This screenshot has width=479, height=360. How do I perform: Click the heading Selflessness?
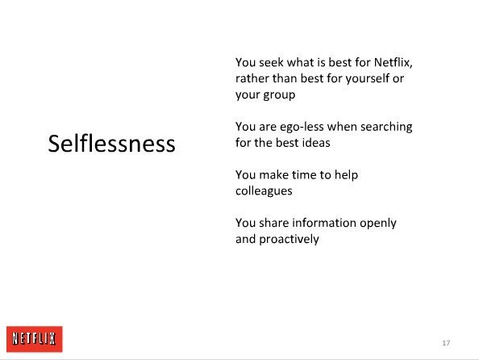coord(111,144)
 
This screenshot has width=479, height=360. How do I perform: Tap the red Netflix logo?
coord(35,339)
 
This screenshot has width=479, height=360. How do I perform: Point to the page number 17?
coord(446,343)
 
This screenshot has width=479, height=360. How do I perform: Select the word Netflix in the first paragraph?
coord(393,62)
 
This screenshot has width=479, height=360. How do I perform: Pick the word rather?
coord(252,78)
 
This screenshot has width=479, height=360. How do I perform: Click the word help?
coord(346,175)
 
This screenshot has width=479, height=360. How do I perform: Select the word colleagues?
coord(264,191)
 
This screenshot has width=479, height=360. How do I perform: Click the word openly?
coord(378,224)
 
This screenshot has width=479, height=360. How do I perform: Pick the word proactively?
coord(289,239)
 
